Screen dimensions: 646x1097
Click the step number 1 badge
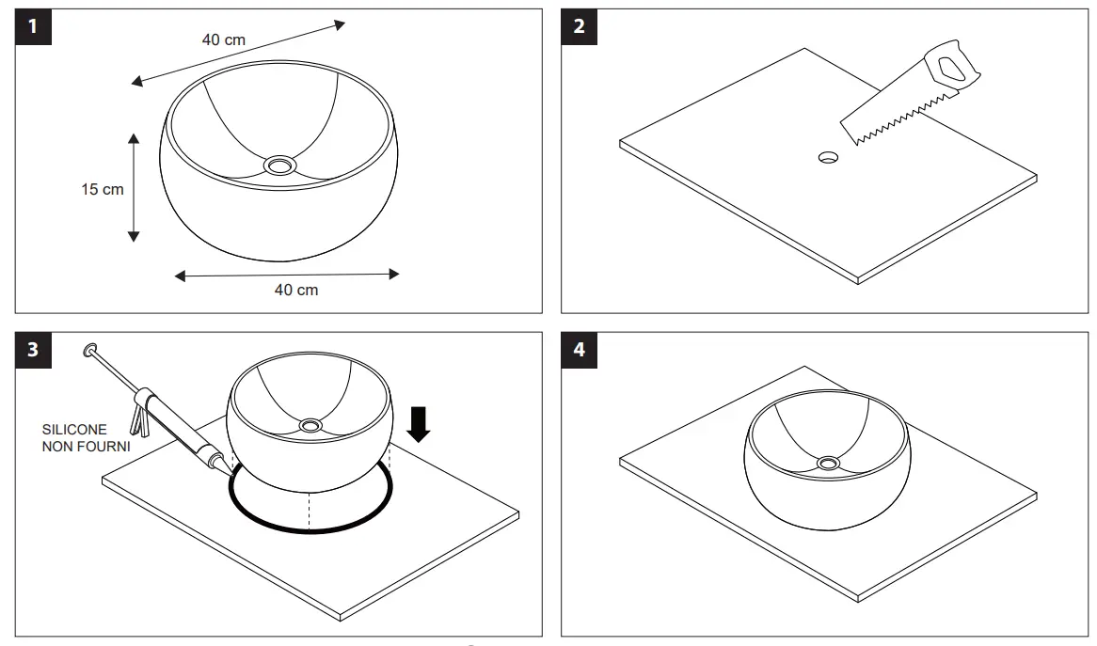click(x=33, y=27)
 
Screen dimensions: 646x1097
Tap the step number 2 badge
click(x=579, y=27)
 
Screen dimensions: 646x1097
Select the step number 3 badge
click(x=33, y=350)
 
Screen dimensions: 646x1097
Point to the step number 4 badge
click(x=579, y=350)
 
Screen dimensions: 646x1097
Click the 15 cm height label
click(x=102, y=189)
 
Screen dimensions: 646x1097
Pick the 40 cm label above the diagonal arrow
click(x=224, y=39)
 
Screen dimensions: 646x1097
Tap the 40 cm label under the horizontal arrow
click(x=296, y=290)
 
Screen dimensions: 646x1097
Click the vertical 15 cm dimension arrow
click(x=134, y=187)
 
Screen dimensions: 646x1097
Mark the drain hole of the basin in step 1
click(x=279, y=165)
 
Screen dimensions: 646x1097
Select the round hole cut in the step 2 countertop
click(x=829, y=157)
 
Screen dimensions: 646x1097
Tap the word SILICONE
click(x=73, y=430)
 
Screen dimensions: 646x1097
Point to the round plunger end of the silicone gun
click(x=90, y=349)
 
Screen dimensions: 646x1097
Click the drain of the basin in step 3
click(x=309, y=426)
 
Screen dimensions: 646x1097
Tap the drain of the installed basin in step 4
click(x=828, y=463)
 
